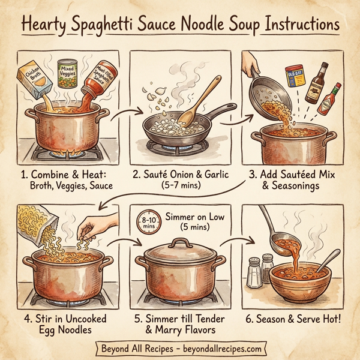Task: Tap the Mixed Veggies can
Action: coord(67,74)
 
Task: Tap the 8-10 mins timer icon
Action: coord(148,224)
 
